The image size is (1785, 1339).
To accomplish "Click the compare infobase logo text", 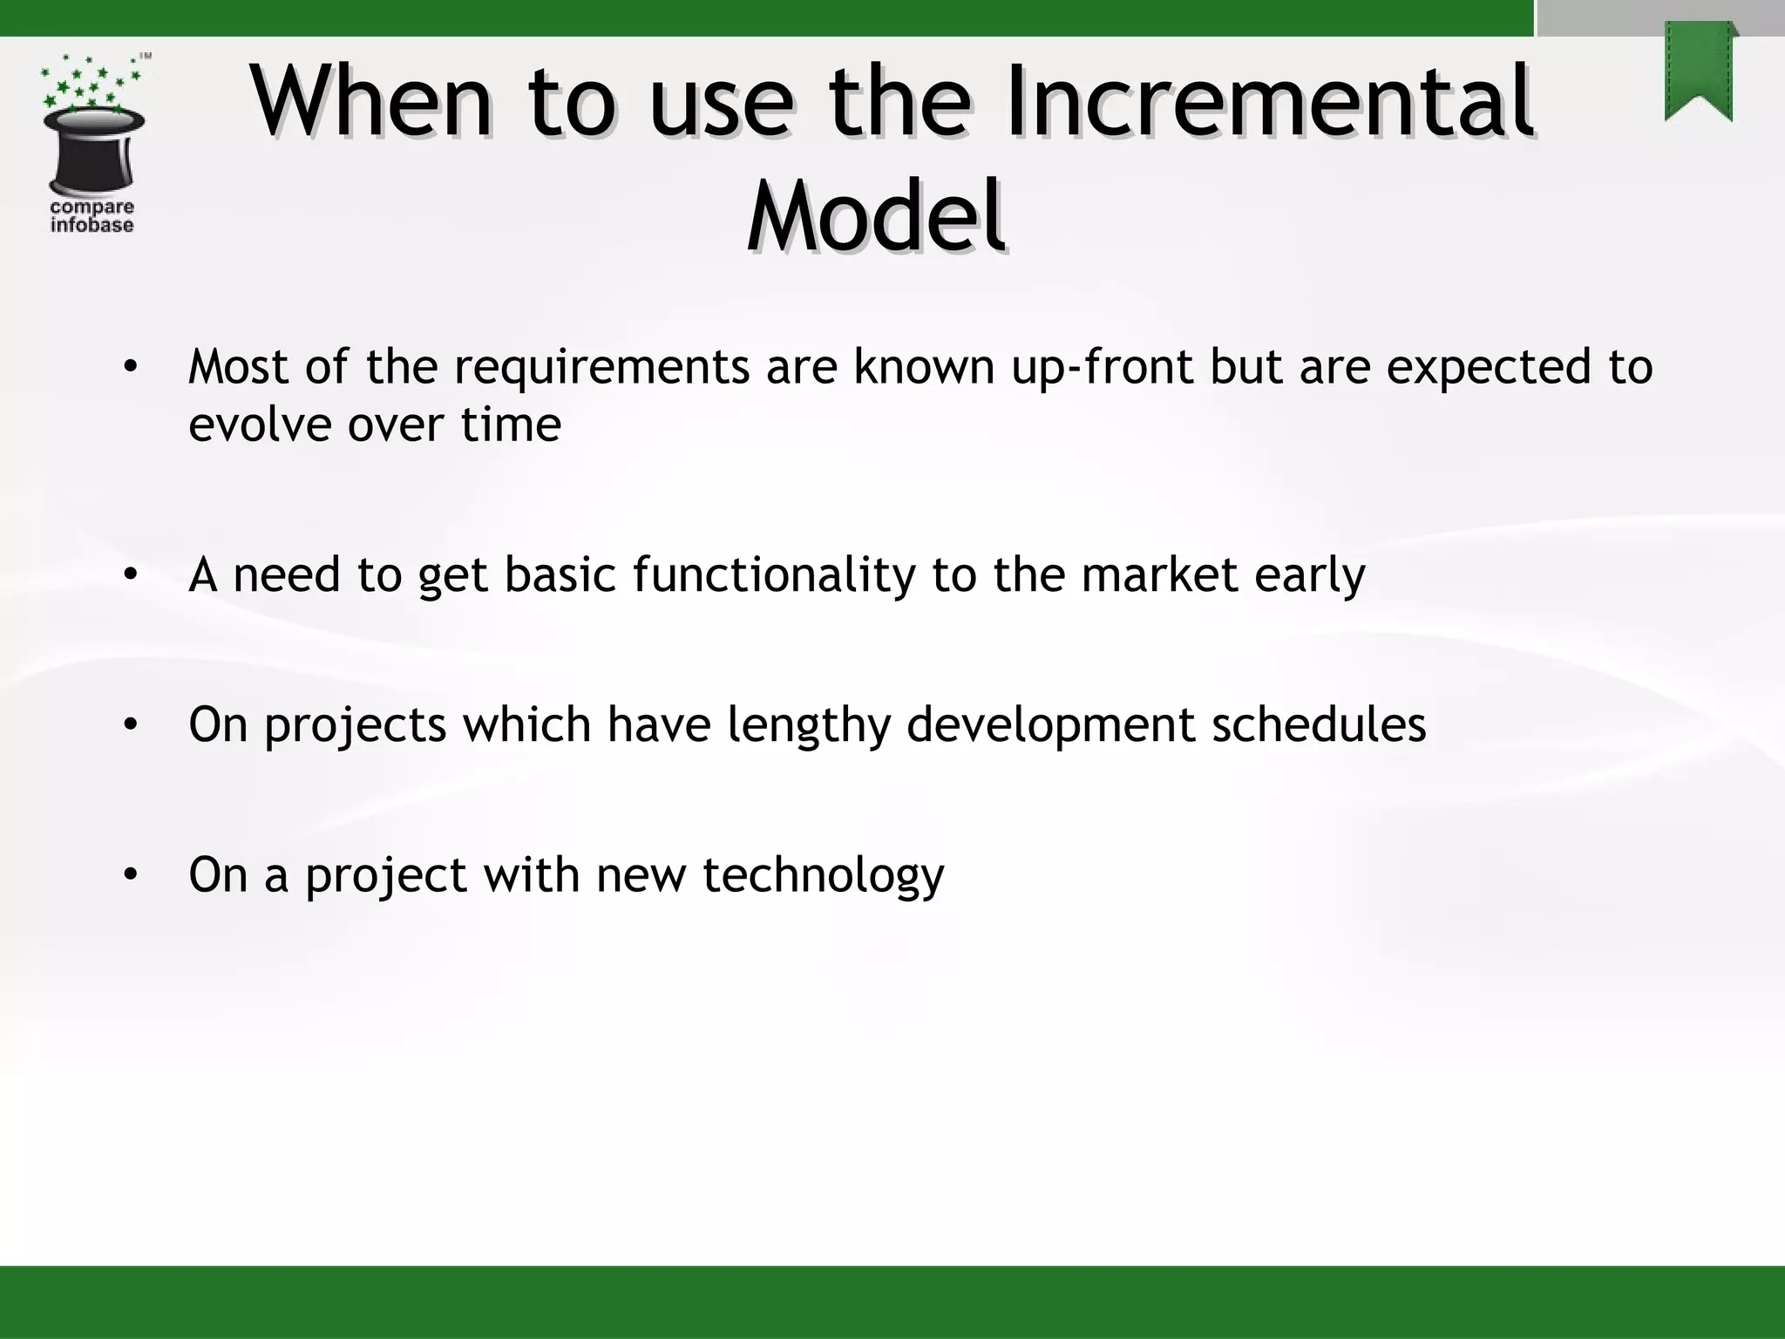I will pyautogui.click(x=92, y=216).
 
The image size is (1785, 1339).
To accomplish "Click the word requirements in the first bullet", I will pyautogui.click(x=601, y=367).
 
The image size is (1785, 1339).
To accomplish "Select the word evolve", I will pyautogui.click(x=260, y=425).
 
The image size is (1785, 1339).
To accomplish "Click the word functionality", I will pyautogui.click(x=774, y=575).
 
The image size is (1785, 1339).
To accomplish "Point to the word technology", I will pyautogui.click(x=823, y=875).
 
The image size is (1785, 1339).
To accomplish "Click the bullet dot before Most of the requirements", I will pyautogui.click(x=130, y=367).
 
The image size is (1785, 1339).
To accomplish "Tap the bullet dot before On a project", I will pyautogui.click(x=130, y=874).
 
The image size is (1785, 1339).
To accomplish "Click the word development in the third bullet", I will pyautogui.click(x=1050, y=725).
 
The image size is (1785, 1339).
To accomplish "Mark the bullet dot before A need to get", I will pyautogui.click(x=130, y=574).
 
